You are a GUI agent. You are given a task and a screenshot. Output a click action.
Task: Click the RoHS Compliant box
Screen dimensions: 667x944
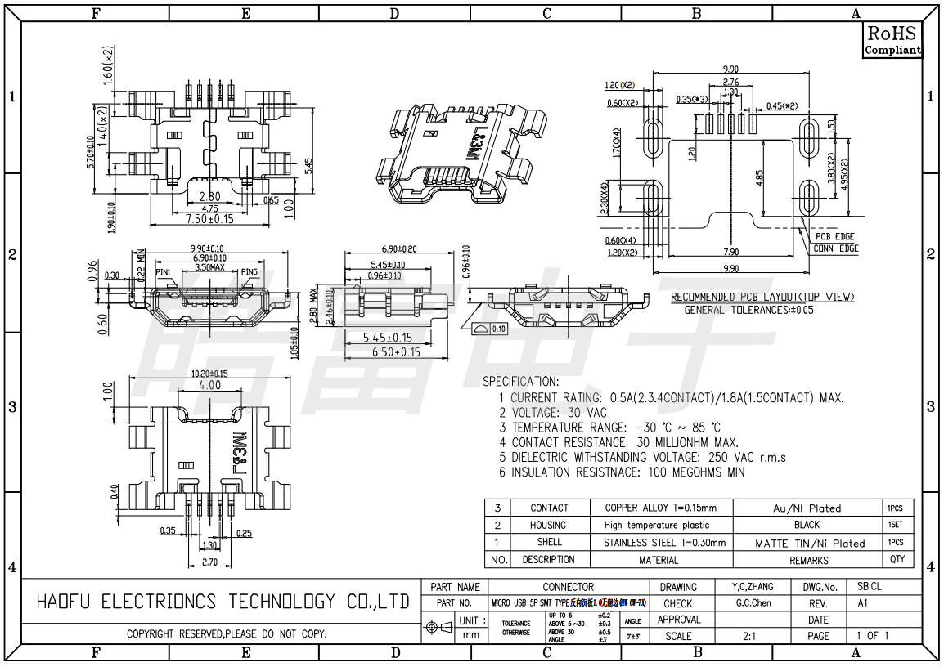pyautogui.click(x=892, y=40)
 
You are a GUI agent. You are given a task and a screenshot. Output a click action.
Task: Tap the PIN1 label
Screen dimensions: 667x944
pyautogui.click(x=164, y=272)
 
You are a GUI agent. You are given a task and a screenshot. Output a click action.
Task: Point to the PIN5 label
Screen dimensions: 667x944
pyautogui.click(x=249, y=272)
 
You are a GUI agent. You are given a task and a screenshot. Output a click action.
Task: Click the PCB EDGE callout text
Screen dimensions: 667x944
pyautogui.click(x=834, y=236)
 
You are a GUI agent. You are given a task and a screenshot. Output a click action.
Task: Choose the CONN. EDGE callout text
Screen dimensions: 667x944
pyautogui.click(x=835, y=248)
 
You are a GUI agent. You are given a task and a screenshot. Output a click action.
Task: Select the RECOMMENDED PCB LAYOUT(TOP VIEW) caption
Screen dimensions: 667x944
pyautogui.click(x=762, y=297)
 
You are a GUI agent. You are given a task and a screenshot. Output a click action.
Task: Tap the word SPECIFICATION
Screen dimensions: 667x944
pyautogui.click(x=520, y=382)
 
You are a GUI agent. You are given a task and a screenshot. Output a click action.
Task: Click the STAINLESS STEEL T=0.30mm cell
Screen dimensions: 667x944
pyautogui.click(x=664, y=543)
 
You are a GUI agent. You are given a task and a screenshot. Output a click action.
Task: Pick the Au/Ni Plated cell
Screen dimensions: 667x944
pyautogui.click(x=807, y=508)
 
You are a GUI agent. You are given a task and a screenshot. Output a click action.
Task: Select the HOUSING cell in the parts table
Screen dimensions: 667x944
pyautogui.click(x=548, y=526)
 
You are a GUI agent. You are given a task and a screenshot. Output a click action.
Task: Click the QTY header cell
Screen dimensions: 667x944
pyautogui.click(x=897, y=560)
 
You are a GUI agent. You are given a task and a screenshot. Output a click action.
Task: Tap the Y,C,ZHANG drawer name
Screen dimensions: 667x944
pyautogui.click(x=746, y=587)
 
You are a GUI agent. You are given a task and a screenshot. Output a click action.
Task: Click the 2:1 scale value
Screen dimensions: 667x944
pyautogui.click(x=748, y=636)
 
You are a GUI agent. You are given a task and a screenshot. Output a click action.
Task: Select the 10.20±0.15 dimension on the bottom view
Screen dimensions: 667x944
pyautogui.click(x=209, y=374)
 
